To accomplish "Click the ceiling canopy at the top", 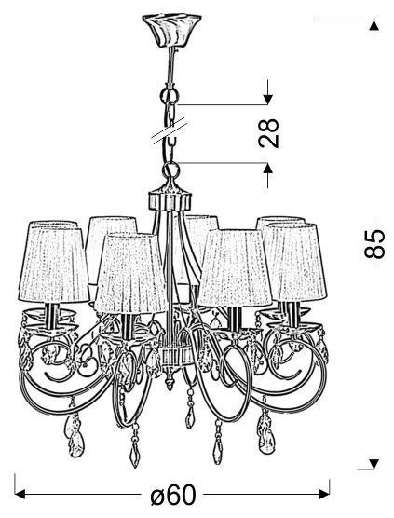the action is click(171, 30).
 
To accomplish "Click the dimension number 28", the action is click(269, 132).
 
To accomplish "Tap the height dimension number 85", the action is click(374, 243).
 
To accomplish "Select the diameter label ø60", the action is click(173, 495).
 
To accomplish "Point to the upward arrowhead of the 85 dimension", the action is click(374, 25).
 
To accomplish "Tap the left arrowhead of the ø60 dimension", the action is click(20, 495).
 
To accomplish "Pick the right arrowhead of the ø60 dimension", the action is click(323, 495).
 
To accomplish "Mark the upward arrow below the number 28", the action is click(268, 175).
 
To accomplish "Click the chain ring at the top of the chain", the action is click(170, 95).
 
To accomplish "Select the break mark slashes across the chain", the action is click(170, 131).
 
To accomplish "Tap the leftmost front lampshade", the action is click(53, 263).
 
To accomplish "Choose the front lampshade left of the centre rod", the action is click(130, 273).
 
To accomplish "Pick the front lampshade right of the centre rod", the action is click(235, 267).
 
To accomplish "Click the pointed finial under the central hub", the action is click(170, 382).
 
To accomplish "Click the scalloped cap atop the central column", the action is click(170, 198).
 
